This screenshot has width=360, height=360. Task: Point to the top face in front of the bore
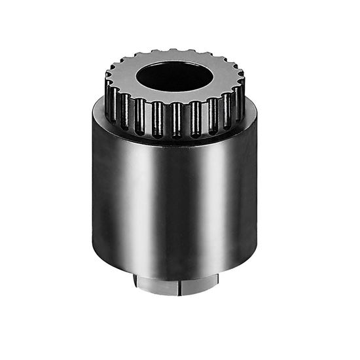pyautogui.click(x=175, y=99)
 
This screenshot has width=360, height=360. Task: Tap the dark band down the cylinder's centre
pyautogui.click(x=175, y=209)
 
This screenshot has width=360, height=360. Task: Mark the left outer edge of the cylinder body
pyautogui.click(x=93, y=196)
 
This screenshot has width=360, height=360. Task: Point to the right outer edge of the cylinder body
pyautogui.click(x=256, y=196)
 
